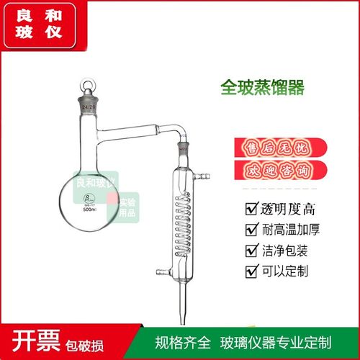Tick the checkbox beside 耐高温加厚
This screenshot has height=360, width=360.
(251, 230)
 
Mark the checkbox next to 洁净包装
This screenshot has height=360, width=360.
(251, 251)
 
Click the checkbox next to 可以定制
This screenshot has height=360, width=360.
(251, 271)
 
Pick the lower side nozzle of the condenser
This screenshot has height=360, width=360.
(160, 271)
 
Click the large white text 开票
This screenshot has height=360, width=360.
(31, 340)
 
